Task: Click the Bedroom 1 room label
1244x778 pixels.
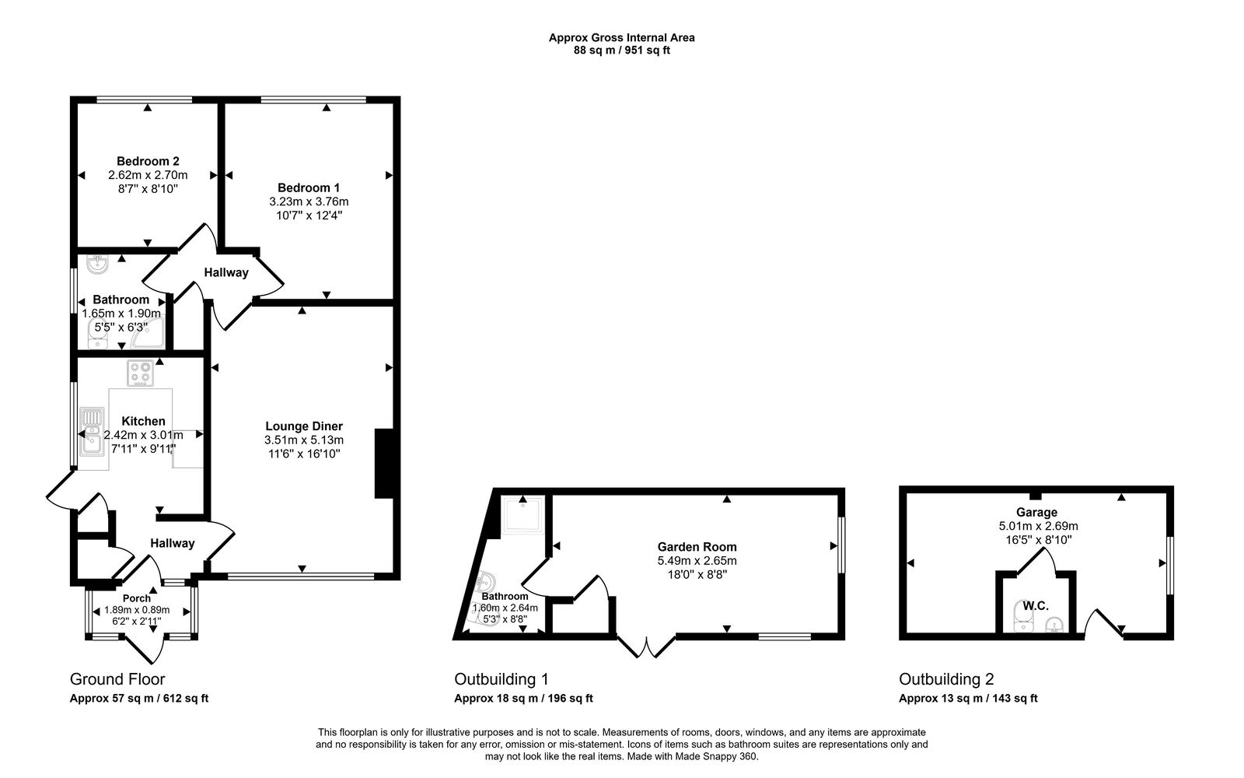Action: pos(309,187)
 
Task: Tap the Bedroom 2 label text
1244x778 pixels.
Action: pos(148,161)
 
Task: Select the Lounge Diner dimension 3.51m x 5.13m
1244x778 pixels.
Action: pos(303,440)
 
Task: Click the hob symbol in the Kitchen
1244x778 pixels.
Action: pos(141,373)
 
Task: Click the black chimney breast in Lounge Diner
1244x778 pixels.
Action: pos(384,463)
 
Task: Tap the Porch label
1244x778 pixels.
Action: pos(137,598)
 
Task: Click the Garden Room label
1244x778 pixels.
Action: pos(697,547)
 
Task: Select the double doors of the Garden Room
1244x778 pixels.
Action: pos(647,646)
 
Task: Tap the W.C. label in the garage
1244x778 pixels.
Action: pos(1036,605)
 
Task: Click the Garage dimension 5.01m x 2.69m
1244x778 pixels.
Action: pos(1038,526)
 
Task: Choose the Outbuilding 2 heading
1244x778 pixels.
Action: pos(946,679)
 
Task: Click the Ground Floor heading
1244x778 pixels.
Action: pos(117,679)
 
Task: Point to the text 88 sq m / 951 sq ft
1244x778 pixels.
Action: pos(621,50)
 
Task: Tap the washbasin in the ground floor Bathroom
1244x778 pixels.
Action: pos(97,265)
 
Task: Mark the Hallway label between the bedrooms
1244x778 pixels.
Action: pos(226,272)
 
